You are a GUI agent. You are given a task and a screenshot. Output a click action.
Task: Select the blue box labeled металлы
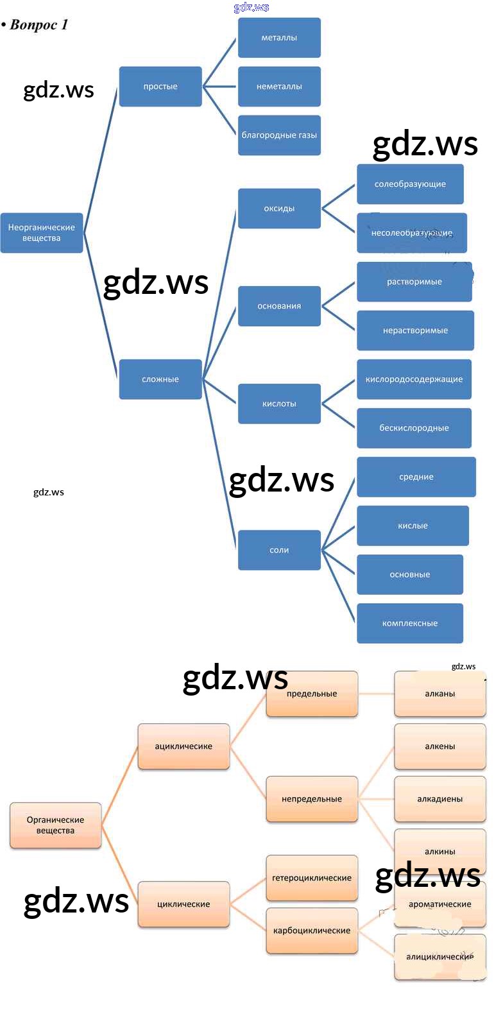point(279,38)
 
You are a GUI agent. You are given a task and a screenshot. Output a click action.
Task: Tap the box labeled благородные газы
point(279,135)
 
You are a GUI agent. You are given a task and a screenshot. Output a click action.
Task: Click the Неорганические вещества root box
point(42,233)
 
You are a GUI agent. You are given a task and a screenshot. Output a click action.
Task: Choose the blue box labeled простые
point(160,87)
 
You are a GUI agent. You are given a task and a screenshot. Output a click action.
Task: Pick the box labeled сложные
point(160,379)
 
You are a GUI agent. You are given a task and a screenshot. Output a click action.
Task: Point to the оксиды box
point(279,209)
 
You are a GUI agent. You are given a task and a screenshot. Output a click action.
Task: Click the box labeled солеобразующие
point(410,184)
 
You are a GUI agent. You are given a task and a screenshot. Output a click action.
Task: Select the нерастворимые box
point(415,330)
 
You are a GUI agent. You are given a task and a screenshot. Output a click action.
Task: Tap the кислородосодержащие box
point(414,379)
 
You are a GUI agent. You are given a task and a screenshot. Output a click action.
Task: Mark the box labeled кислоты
point(279,404)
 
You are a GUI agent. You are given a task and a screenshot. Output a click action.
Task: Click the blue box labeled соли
point(279,550)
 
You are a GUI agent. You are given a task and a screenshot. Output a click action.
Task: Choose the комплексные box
point(410,623)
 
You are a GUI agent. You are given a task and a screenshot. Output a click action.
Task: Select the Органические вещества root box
point(56,825)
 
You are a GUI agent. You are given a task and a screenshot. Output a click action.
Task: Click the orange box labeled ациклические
point(183,746)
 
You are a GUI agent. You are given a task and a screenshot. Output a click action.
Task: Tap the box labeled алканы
point(440,694)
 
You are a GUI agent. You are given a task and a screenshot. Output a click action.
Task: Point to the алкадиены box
point(440,799)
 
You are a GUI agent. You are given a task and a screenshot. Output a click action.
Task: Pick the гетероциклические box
point(312,878)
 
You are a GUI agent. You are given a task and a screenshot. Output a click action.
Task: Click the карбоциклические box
point(312,931)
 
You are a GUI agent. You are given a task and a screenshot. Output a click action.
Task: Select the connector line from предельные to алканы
point(376,694)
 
